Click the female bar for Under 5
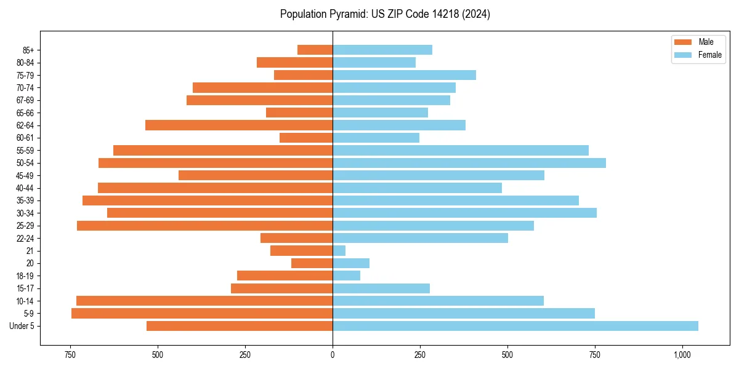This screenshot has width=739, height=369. [515, 326]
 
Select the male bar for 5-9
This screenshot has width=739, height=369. [202, 314]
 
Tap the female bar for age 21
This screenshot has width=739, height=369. [339, 251]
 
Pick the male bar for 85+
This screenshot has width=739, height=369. [315, 50]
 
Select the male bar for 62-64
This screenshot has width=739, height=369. [239, 125]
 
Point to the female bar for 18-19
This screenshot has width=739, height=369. [347, 276]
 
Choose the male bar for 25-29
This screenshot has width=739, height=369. [205, 226]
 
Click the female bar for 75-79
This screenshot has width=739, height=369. [405, 75]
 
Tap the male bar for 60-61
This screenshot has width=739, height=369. [306, 138]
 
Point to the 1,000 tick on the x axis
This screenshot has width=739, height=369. [682, 355]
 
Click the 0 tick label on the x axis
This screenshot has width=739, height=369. [333, 355]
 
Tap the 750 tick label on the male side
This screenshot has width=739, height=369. [70, 355]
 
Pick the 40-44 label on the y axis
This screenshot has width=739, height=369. [25, 188]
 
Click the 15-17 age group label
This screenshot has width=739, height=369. [25, 288]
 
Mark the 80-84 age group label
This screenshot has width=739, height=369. [25, 63]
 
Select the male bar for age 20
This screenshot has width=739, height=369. [312, 263]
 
